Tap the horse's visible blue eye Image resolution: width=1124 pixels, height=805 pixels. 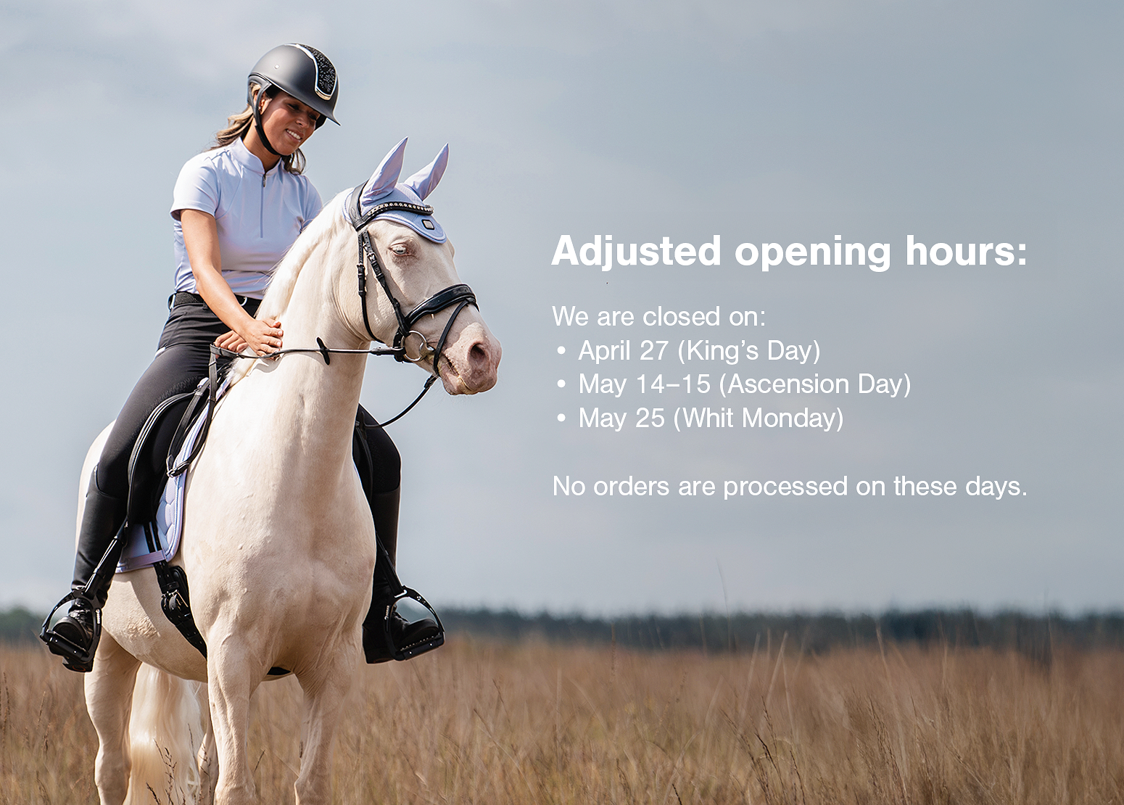399,249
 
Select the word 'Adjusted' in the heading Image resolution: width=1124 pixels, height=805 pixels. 636,251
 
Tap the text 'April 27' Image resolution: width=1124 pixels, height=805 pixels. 623,351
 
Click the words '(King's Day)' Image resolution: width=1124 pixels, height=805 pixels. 748,351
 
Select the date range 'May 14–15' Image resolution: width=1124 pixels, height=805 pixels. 644,384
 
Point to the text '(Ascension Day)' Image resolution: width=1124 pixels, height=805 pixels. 814,384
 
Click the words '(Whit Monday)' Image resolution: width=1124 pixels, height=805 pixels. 759,418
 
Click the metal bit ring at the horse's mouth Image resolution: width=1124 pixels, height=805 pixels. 415,346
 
